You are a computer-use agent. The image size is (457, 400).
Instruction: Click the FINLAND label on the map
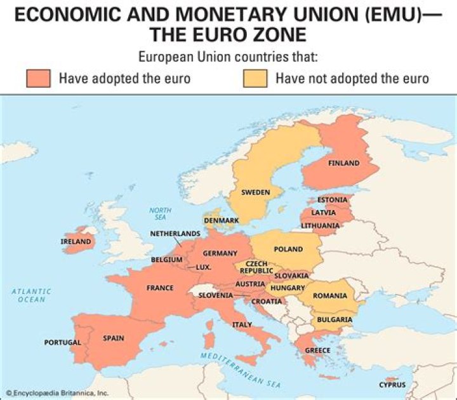click(343, 163)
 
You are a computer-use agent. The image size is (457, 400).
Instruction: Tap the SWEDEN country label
click(255, 192)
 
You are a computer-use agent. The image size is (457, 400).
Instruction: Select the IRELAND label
click(76, 242)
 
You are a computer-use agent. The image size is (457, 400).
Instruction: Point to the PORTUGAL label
click(62, 343)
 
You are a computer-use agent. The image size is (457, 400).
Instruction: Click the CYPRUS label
click(392, 385)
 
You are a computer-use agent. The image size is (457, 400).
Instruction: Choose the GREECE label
click(317, 350)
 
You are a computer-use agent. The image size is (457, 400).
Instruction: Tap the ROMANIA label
click(329, 296)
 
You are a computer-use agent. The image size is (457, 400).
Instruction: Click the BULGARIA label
click(334, 319)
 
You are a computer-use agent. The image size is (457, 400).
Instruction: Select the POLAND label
click(288, 250)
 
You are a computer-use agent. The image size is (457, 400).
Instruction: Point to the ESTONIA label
click(332, 200)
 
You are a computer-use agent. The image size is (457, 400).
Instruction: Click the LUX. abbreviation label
click(203, 267)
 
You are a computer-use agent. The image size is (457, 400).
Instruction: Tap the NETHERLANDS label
click(175, 234)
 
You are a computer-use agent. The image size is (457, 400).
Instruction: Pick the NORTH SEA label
click(161, 213)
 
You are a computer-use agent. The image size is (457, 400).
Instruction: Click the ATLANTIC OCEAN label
click(31, 295)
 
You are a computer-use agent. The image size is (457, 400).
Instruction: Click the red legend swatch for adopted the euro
click(39, 79)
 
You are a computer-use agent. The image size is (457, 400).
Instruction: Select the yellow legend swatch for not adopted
click(255, 79)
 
